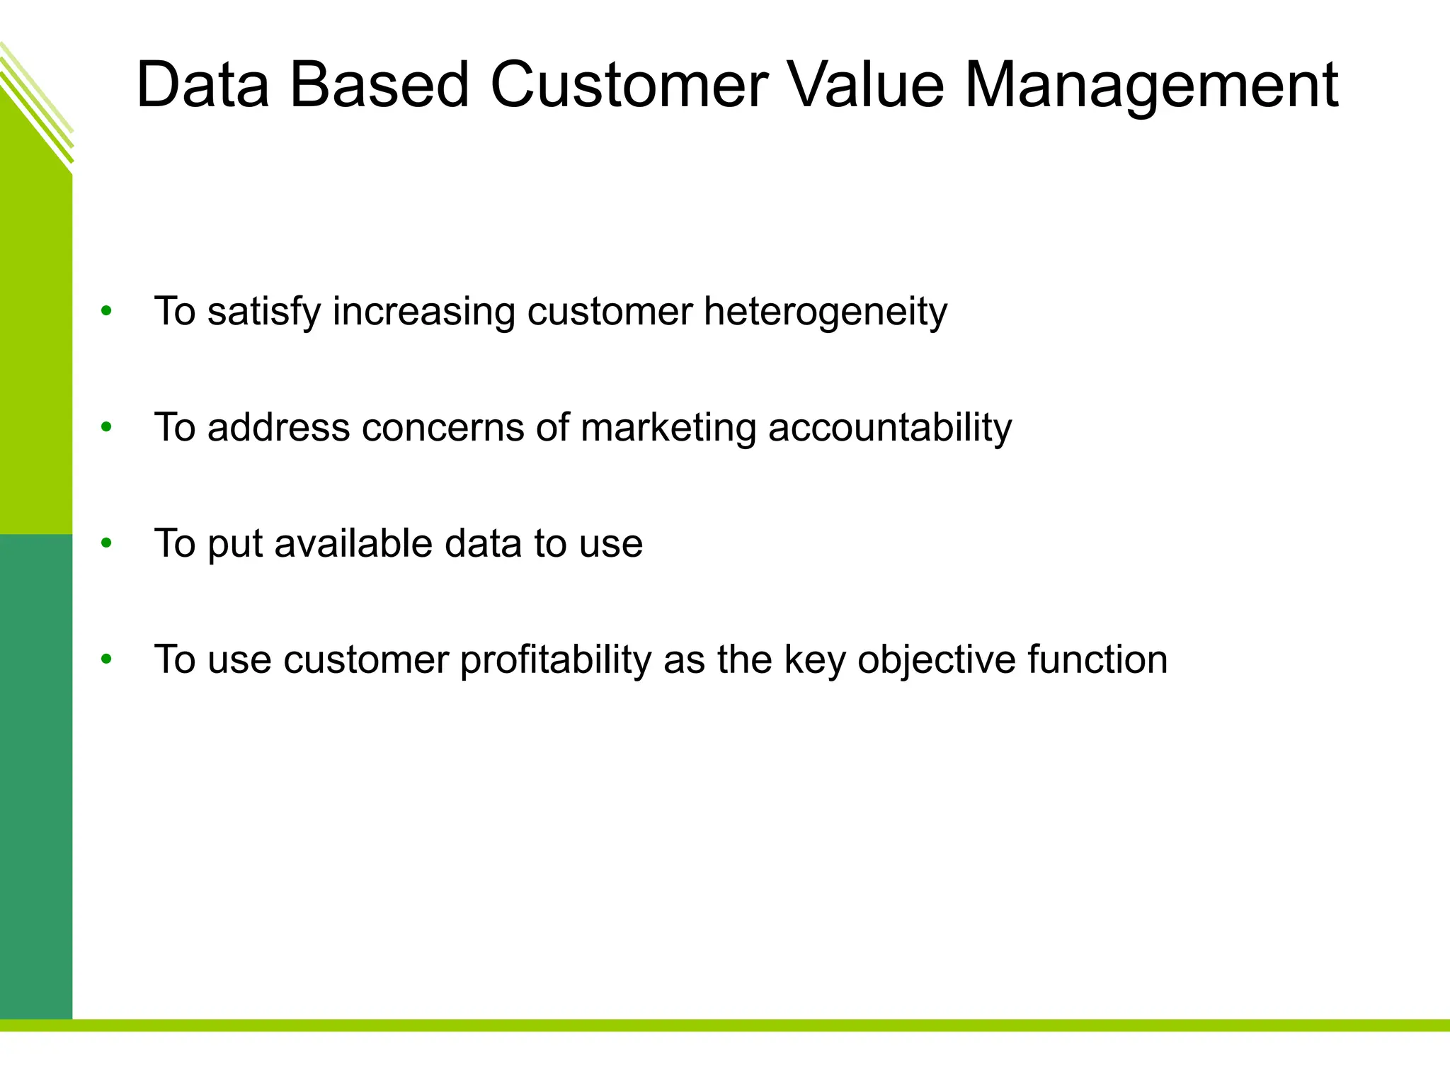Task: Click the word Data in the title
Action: point(202,86)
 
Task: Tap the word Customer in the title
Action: point(629,86)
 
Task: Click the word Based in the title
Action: point(379,86)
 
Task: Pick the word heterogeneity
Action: point(825,312)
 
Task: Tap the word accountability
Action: point(890,429)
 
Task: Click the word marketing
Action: point(668,429)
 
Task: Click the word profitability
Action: point(555,660)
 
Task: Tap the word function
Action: point(1097,660)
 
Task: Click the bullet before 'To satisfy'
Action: point(106,311)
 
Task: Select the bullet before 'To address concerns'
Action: point(106,427)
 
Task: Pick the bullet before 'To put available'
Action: point(106,543)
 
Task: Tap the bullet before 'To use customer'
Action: point(106,659)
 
